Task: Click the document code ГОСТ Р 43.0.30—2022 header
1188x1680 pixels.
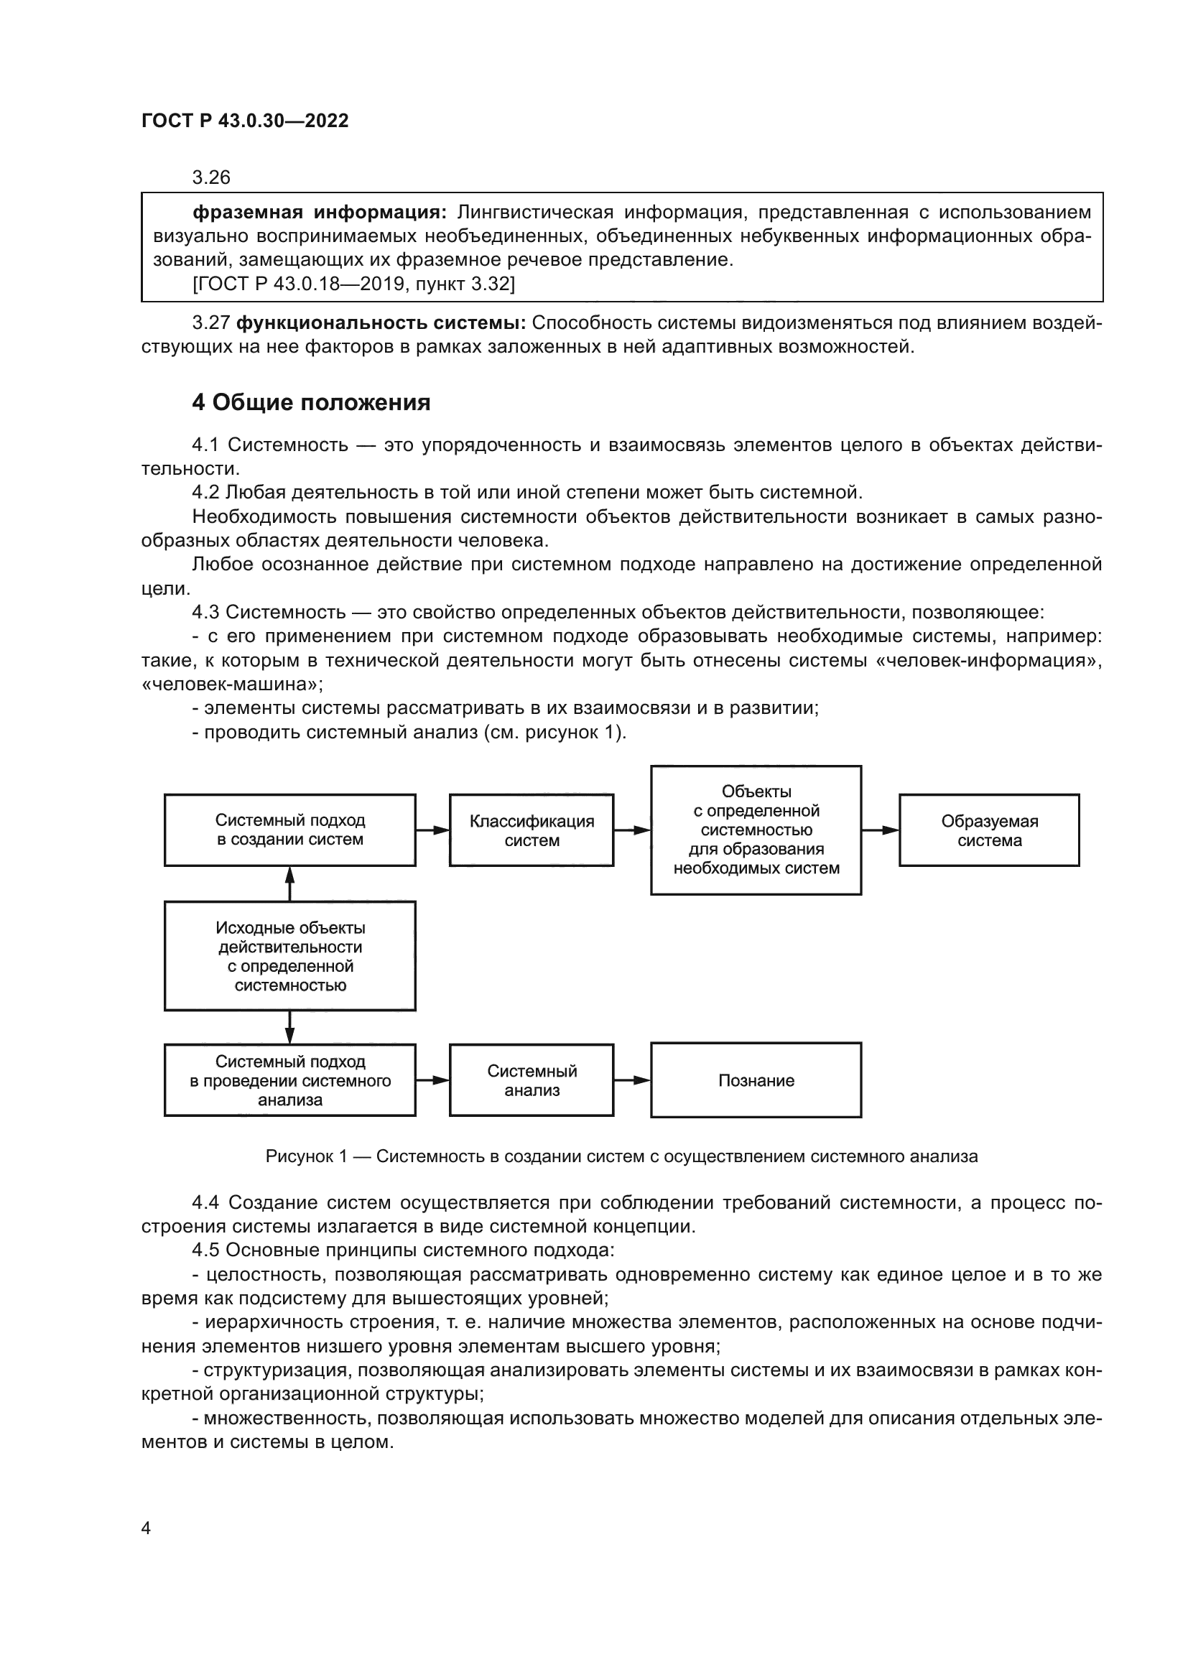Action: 245,121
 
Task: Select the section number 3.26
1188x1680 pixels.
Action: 210,178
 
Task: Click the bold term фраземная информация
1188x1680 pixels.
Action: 319,213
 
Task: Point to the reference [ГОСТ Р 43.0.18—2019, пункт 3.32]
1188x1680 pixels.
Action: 354,284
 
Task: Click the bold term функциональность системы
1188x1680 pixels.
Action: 381,322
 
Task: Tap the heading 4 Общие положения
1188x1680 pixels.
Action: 311,402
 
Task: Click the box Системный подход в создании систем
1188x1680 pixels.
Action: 289,830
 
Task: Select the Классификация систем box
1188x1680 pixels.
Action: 531,830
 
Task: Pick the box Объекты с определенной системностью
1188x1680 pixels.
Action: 756,830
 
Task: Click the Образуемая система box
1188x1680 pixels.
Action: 989,830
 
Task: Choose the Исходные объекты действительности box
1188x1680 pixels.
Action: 289,955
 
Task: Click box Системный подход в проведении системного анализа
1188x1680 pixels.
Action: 289,1080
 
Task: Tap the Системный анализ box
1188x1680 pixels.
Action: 531,1080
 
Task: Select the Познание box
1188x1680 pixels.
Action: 756,1080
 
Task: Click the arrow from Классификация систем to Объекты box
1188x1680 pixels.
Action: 632,830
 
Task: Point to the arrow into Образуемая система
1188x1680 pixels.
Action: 880,830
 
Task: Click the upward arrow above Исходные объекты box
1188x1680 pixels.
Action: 289,883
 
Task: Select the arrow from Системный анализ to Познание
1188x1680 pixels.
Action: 632,1080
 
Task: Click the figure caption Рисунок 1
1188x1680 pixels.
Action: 621,1156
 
